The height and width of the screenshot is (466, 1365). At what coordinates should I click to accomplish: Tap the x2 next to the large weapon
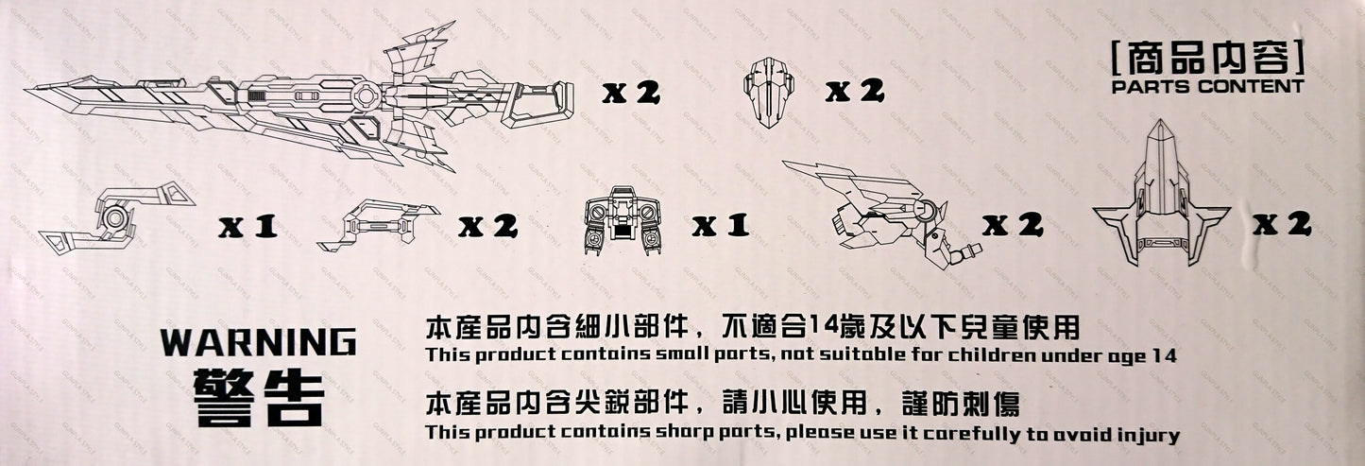coord(631,93)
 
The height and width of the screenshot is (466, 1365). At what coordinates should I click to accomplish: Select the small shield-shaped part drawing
coord(769,92)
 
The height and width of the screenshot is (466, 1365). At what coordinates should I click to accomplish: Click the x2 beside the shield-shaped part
coord(855,91)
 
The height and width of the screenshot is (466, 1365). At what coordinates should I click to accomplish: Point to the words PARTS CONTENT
coord(1207,87)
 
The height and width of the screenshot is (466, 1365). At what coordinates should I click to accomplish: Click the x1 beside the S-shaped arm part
coord(248,226)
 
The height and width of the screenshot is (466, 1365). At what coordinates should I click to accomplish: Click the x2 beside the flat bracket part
coord(488,226)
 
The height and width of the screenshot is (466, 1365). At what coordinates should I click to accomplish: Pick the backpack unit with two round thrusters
coord(623,220)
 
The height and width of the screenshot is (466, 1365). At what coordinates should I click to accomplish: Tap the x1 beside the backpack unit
coord(720,226)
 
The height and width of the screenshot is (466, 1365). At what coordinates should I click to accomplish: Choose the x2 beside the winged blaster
coord(1012,225)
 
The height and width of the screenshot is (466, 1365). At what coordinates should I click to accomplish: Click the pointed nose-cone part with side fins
coord(1162,201)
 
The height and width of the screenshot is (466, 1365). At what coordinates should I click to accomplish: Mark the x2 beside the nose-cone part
coord(1282,224)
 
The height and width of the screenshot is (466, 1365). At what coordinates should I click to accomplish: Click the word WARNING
coord(259,342)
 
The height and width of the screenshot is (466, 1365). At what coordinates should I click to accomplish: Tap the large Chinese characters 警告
coord(259,398)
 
